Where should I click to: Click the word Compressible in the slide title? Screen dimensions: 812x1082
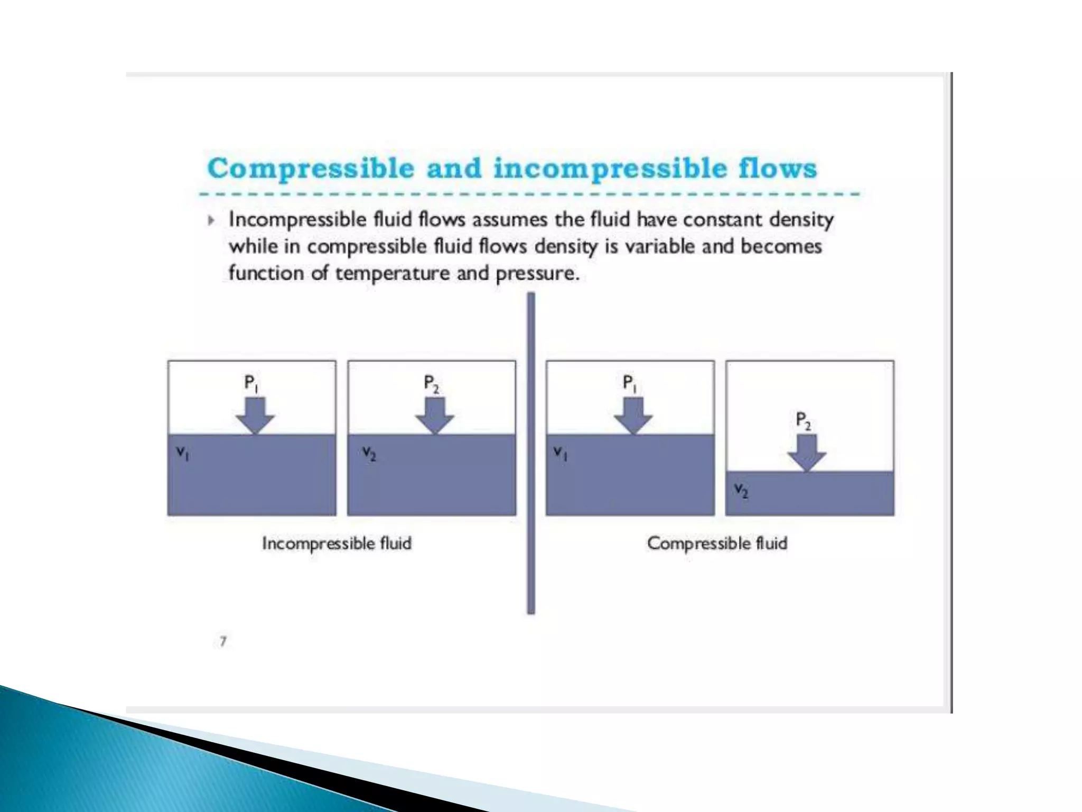(x=311, y=169)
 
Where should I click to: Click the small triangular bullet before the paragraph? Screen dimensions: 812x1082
(x=211, y=220)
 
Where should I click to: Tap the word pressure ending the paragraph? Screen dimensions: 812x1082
(x=537, y=273)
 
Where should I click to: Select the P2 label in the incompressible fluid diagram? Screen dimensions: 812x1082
(x=431, y=383)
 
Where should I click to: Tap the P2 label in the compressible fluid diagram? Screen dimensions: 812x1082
(x=803, y=421)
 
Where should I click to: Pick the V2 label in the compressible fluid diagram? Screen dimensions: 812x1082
(x=741, y=491)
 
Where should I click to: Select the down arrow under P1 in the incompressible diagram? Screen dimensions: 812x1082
(x=255, y=416)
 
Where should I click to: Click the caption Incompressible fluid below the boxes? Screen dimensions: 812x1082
(x=337, y=543)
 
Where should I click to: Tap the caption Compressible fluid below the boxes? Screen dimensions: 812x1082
(x=717, y=543)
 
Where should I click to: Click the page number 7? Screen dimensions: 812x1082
(x=223, y=641)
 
